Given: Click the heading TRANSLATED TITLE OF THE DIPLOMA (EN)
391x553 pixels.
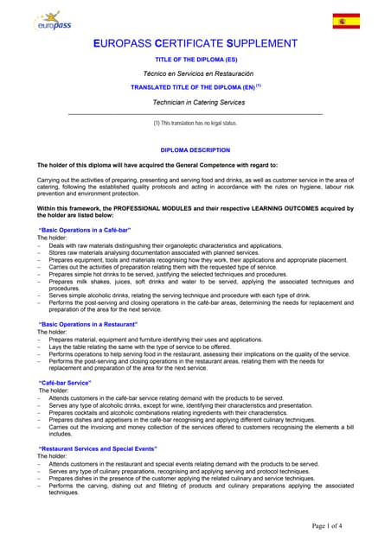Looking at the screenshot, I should click(195, 88).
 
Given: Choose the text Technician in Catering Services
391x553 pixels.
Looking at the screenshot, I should click(195, 102).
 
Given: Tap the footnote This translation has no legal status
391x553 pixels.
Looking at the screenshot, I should click(195, 124).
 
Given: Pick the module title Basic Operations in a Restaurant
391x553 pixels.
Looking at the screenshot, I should click(88, 324).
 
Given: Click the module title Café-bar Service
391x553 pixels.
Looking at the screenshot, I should click(65, 382).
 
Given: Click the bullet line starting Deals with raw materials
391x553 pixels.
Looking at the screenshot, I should click(164, 245).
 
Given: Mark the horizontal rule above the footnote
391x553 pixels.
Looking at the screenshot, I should click(195, 114).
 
